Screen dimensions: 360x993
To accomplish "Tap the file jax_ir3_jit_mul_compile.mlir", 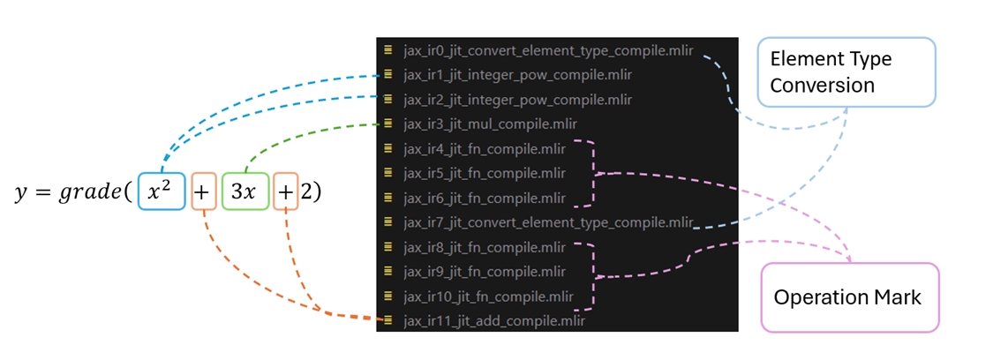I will click(491, 124).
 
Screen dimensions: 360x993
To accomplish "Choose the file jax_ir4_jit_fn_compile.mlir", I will click(485, 149).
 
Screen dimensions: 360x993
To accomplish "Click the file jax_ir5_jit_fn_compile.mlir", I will click(485, 174).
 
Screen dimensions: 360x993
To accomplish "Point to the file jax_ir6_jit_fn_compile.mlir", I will click(485, 198).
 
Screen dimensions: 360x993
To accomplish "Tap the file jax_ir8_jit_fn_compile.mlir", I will click(485, 247).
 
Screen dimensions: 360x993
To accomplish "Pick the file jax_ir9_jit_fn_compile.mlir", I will click(485, 272).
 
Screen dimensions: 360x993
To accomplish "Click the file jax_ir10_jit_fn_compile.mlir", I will click(488, 296).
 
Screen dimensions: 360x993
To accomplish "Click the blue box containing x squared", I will click(162, 191).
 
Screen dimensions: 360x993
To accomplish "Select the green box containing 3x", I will click(244, 191).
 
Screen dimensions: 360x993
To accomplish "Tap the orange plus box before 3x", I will click(202, 191).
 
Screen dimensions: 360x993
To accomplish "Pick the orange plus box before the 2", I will click(285, 191).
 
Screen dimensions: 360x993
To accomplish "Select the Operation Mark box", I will click(847, 297).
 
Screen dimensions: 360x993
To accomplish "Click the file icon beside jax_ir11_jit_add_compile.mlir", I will click(388, 320).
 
